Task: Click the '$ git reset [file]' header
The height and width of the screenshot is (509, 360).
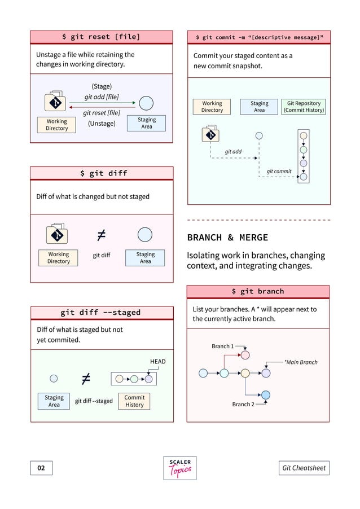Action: coord(102,37)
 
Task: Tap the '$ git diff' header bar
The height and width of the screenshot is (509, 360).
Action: coord(102,173)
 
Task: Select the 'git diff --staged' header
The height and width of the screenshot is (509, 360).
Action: coord(102,313)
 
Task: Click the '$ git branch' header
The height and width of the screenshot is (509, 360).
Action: coord(258,291)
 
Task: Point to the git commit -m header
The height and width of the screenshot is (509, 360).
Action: coord(258,37)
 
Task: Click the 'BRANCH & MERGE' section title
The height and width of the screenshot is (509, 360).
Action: coord(227,238)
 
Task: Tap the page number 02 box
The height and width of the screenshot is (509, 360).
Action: coord(41,468)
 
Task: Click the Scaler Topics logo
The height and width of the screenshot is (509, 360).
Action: coord(180,468)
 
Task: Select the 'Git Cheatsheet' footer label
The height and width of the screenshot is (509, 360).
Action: coord(304,468)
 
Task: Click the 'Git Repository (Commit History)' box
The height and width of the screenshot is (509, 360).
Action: coord(304,107)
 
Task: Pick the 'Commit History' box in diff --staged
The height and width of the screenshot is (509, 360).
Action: coord(134,401)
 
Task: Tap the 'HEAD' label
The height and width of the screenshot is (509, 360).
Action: coord(157,361)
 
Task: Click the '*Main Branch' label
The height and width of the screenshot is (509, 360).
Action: coord(300,362)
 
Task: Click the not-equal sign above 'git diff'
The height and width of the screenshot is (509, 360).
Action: coord(102,234)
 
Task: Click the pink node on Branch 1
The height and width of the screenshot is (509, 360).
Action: coord(245,355)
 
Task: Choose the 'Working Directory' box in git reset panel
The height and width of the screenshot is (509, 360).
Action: coord(56,125)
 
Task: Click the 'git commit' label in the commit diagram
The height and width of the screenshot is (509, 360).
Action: coord(279,171)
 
